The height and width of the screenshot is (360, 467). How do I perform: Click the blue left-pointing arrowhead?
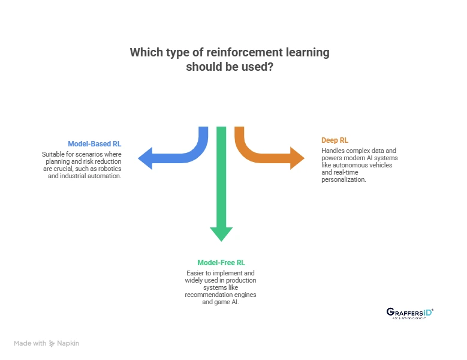[x=147, y=159]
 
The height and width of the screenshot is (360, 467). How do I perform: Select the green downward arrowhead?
[x=221, y=233]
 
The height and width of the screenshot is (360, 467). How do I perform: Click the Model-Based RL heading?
[x=94, y=144]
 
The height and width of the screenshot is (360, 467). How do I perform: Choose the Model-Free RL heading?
[x=221, y=263]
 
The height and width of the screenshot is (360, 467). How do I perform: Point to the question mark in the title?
[x=272, y=67]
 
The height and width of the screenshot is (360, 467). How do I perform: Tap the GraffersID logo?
[x=409, y=313]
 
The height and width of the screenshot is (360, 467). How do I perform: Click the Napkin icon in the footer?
[x=52, y=344]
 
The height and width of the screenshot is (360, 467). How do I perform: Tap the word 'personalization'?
[x=344, y=179]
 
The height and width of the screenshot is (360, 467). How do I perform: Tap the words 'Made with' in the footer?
[x=30, y=344]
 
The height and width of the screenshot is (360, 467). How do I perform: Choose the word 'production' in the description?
[x=241, y=281]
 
